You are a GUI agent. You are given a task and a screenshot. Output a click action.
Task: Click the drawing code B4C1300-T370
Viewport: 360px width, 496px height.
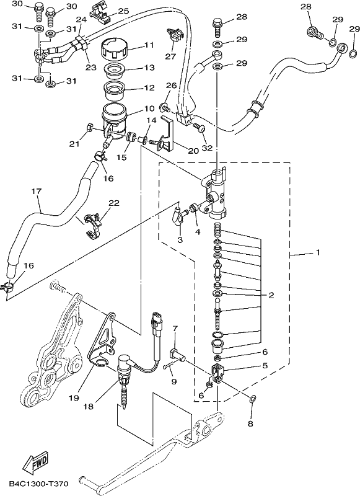(38, 484)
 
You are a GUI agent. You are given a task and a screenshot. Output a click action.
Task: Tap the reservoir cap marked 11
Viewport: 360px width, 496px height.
(115, 48)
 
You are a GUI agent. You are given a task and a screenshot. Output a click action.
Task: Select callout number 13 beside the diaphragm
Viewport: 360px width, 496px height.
(149, 68)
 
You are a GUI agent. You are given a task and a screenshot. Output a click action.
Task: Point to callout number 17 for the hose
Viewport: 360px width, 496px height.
(37, 192)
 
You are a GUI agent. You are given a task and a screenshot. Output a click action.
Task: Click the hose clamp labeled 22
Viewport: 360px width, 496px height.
(92, 224)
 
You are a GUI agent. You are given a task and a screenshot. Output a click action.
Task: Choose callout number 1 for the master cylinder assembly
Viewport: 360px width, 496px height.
(318, 252)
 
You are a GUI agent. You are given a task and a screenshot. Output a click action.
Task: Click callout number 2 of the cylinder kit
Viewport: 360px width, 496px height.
(271, 296)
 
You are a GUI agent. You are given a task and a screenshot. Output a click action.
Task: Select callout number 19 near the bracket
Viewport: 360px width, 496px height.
(74, 397)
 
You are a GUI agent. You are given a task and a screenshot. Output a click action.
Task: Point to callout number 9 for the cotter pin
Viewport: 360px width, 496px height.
(173, 382)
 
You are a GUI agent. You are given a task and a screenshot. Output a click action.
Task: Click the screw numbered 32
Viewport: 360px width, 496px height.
(200, 128)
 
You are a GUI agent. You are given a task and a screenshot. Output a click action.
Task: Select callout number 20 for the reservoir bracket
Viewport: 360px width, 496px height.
(193, 151)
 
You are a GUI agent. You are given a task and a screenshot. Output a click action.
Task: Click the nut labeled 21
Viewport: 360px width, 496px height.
(89, 128)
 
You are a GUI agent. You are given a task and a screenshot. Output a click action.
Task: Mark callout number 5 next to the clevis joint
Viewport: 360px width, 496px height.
(265, 366)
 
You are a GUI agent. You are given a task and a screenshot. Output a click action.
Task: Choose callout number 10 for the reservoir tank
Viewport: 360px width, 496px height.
(149, 108)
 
